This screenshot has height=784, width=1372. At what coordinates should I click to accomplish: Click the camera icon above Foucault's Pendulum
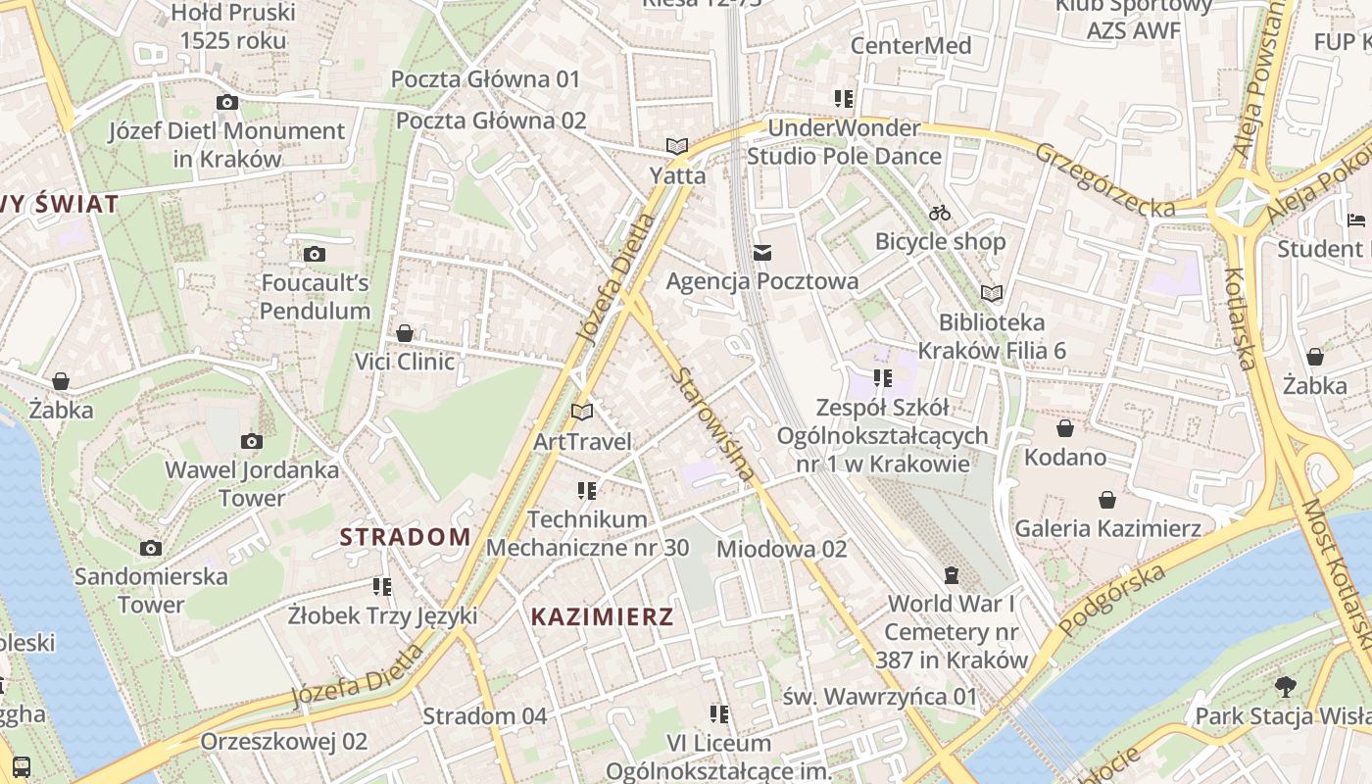click(315, 255)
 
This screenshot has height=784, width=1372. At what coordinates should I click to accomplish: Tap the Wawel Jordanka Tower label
click(252, 483)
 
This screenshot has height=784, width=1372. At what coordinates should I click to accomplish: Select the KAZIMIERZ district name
click(602, 616)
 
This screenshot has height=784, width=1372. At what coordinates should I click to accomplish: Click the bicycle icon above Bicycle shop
click(940, 213)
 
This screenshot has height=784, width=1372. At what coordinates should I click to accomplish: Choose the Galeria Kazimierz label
click(1107, 529)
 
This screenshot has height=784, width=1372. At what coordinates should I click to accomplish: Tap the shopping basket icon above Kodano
click(1065, 428)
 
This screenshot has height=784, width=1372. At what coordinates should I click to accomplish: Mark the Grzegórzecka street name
click(1104, 180)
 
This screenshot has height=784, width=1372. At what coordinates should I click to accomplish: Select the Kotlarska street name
click(1240, 319)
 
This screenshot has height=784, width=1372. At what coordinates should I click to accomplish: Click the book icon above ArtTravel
click(582, 413)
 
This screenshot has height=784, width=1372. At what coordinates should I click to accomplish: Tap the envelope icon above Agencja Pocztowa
click(762, 254)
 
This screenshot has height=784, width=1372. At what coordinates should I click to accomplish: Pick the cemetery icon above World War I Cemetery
click(952, 574)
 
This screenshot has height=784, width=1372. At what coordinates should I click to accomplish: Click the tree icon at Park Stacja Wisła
click(1285, 687)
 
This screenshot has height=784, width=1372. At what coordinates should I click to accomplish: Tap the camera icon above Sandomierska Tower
click(151, 548)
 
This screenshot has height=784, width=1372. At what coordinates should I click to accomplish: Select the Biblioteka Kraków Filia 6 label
click(991, 336)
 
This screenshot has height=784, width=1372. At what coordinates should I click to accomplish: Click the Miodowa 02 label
click(781, 549)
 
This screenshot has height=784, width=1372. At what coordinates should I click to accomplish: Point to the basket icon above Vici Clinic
click(405, 333)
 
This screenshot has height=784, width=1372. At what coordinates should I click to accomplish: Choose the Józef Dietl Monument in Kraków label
click(226, 144)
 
